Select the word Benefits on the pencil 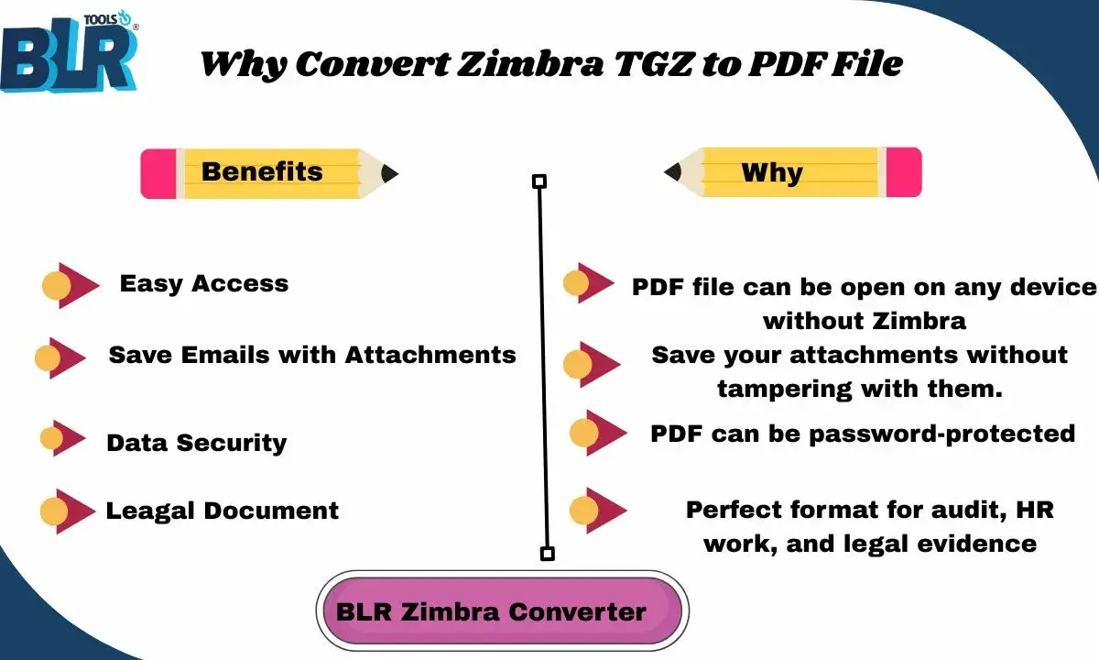(262, 171)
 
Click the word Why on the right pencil (771, 172)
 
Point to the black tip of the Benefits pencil (389, 172)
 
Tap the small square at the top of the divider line (539, 181)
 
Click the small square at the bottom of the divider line (547, 554)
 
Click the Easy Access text (204, 284)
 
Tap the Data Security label (196, 443)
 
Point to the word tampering (783, 388)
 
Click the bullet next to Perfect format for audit (596, 511)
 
